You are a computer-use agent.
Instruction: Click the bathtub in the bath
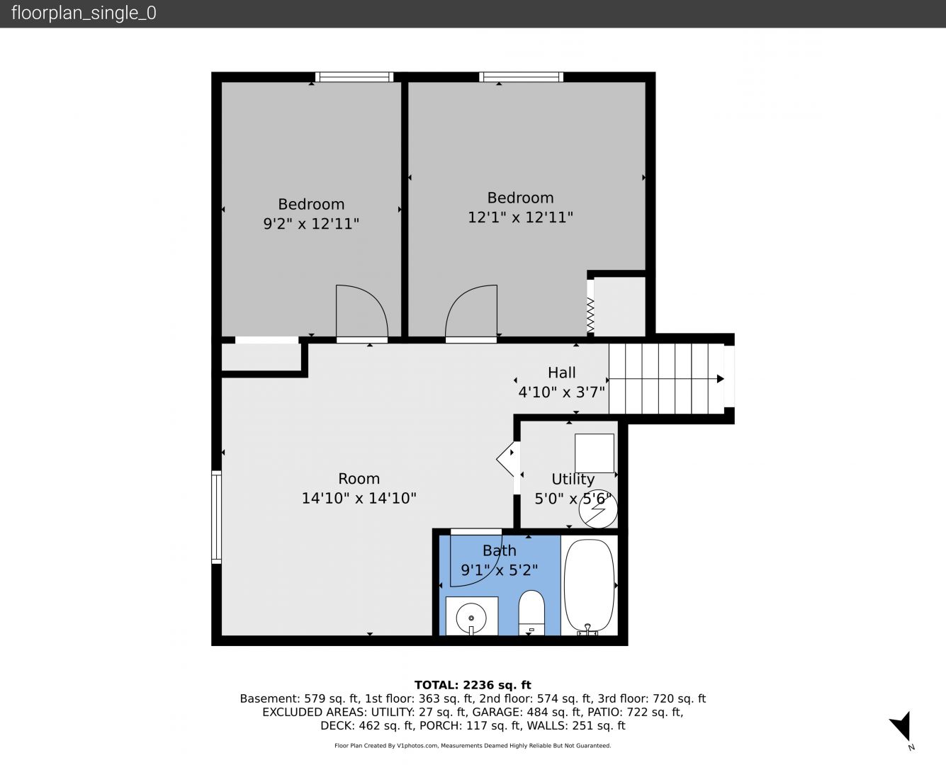590,586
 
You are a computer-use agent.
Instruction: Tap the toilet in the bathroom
531,613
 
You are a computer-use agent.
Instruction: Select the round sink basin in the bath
471,618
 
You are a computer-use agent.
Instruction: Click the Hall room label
561,373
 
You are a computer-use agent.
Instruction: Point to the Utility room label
573,479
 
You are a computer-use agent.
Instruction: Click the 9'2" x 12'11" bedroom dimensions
311,223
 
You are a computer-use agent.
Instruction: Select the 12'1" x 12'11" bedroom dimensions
521,217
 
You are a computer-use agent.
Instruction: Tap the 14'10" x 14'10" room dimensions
359,498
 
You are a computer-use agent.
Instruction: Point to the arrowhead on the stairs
721,379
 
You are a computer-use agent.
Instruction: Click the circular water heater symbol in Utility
598,509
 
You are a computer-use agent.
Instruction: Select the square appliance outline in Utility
595,453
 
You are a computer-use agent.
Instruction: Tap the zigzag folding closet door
590,314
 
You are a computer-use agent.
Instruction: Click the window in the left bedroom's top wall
354,76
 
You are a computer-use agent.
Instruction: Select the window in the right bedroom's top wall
521,76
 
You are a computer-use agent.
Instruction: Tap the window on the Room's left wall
216,517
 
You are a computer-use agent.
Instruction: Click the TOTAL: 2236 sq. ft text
473,685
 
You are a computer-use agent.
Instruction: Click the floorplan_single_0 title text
84,13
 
